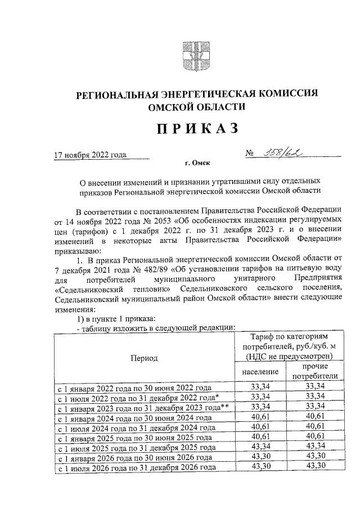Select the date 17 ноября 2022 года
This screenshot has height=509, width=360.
[x=90, y=155]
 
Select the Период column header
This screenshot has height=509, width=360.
[x=145, y=358]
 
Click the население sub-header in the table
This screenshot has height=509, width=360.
[x=260, y=372]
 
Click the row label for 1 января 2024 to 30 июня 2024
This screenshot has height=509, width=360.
[x=135, y=418]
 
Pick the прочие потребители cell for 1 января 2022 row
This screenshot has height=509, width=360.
[x=315, y=387]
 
